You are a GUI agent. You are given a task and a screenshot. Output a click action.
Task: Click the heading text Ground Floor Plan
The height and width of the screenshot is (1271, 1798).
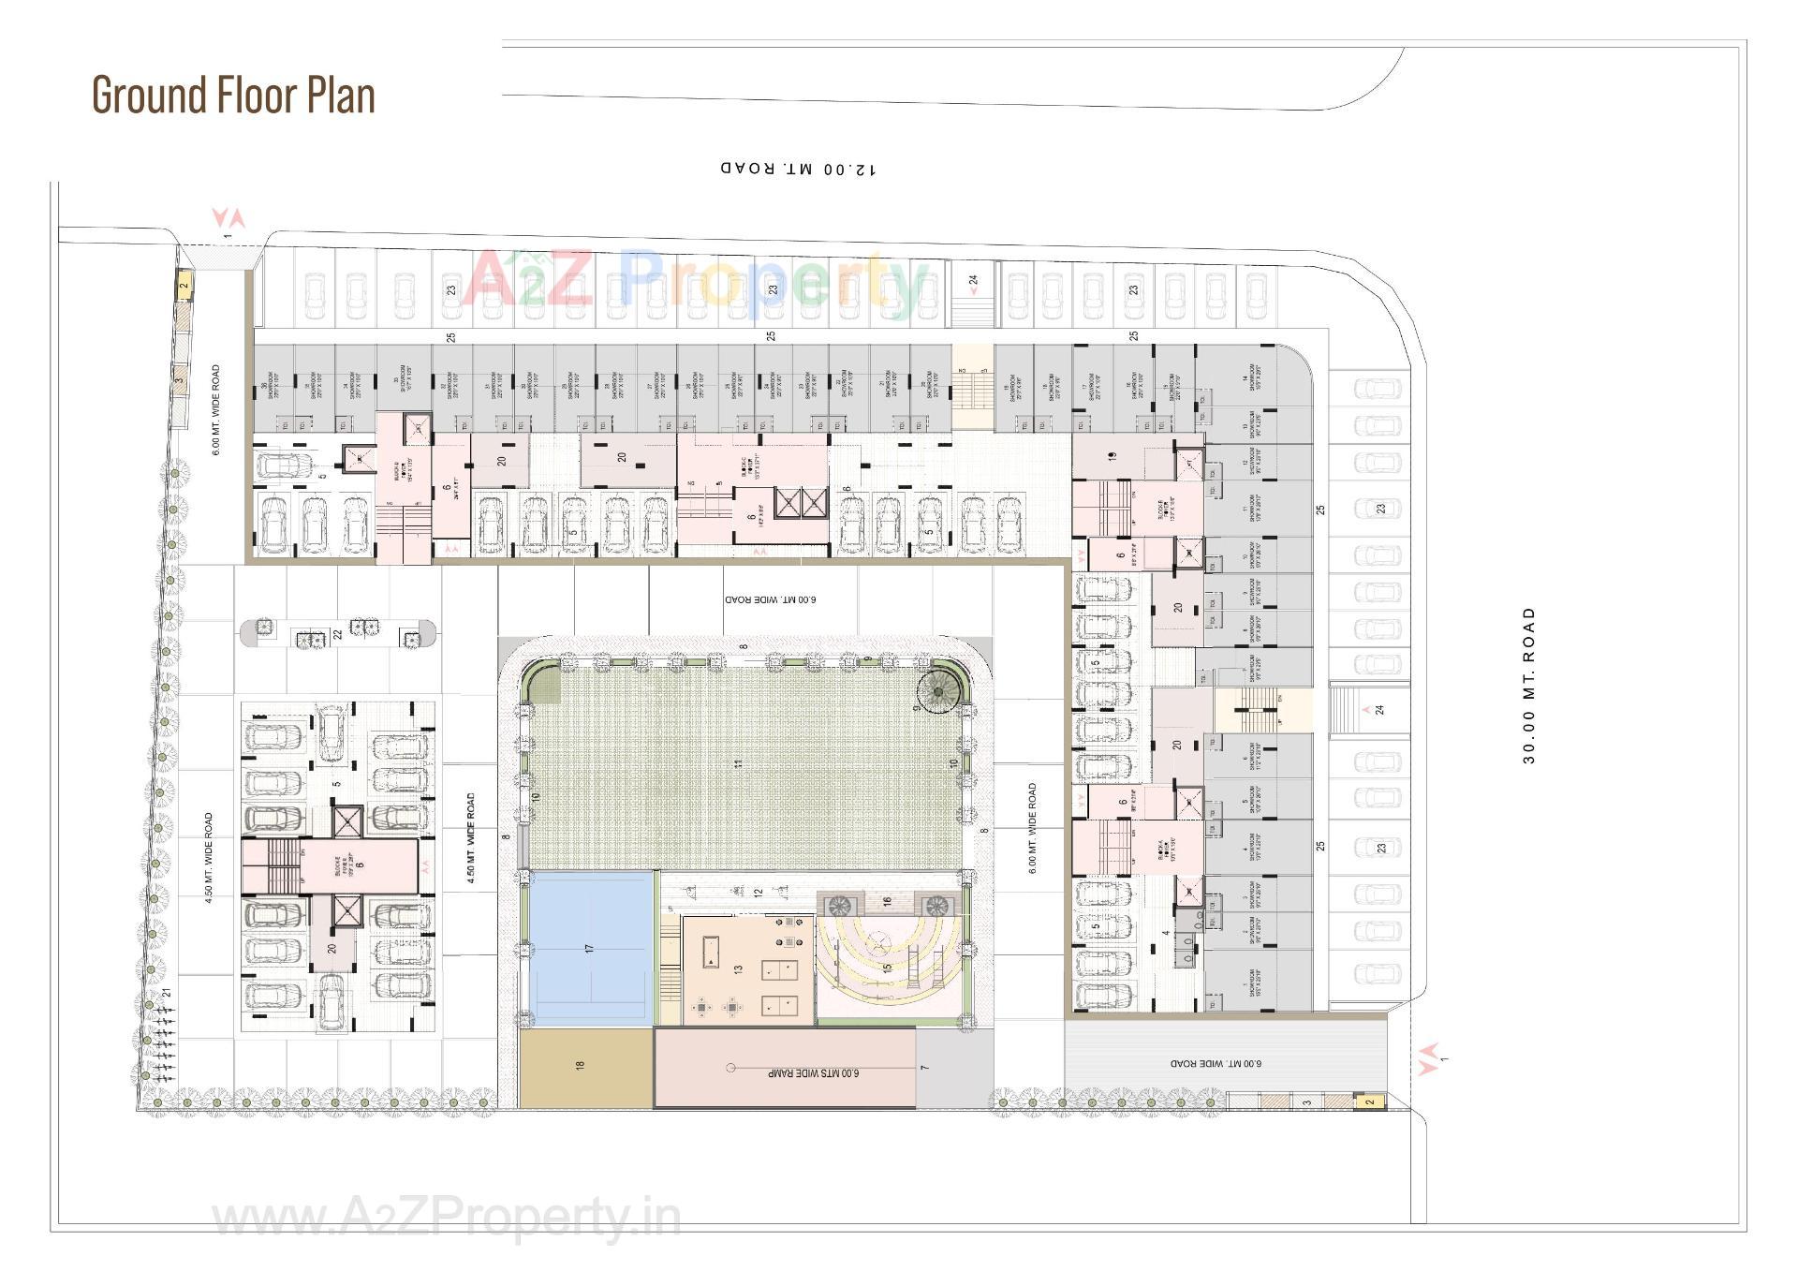pyautogui.click(x=233, y=95)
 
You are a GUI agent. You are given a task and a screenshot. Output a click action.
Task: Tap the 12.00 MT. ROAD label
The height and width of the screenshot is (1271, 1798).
pyautogui.click(x=799, y=169)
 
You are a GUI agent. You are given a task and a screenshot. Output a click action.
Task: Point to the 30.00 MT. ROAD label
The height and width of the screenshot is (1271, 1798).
pyautogui.click(x=1529, y=686)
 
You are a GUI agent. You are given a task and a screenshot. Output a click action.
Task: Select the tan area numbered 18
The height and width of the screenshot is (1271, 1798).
pyautogui.click(x=581, y=1066)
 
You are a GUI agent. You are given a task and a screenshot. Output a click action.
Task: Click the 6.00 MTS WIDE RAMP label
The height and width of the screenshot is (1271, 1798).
pyautogui.click(x=813, y=1073)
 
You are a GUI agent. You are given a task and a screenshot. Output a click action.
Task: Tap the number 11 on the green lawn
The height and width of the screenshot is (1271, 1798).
pyautogui.click(x=739, y=764)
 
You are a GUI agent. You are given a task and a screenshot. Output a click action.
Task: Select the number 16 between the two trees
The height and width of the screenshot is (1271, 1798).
pyautogui.click(x=887, y=902)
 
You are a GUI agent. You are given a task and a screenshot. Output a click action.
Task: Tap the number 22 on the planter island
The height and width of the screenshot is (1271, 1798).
pyautogui.click(x=338, y=634)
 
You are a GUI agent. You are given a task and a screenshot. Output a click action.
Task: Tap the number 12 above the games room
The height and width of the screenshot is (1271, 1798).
pyautogui.click(x=759, y=893)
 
